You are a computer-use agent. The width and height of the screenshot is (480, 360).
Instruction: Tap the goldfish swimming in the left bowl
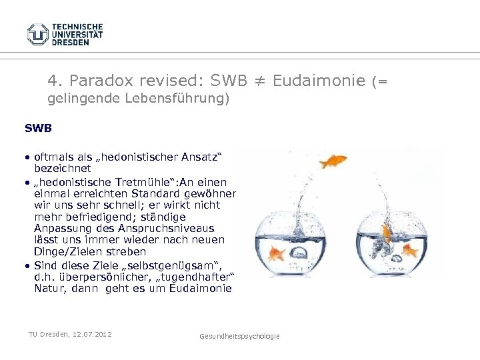click(x=276, y=253)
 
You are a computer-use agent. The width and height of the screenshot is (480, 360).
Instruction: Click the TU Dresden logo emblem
click(x=37, y=34)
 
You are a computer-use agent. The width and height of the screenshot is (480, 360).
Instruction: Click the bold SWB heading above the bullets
click(x=38, y=127)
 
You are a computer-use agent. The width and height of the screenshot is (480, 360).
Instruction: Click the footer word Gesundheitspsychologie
click(x=239, y=337)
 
